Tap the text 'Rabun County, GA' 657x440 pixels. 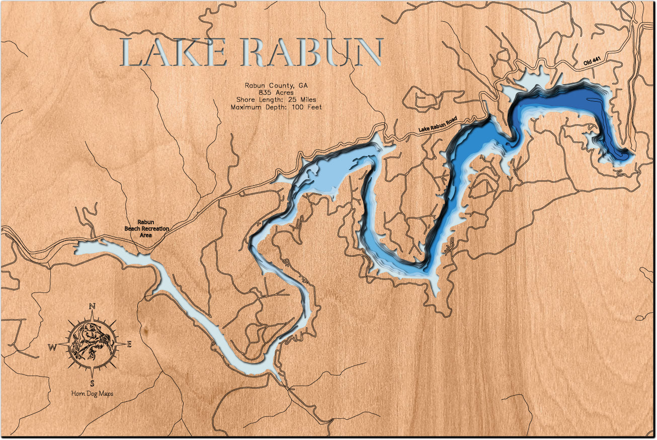[276, 85]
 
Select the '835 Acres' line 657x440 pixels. [276, 93]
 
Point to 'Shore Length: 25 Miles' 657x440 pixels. [276, 100]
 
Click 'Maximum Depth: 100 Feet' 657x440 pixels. [276, 107]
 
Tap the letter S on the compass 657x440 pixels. [92, 383]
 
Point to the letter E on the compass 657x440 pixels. [129, 344]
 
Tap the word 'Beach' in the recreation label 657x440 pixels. [134, 229]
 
